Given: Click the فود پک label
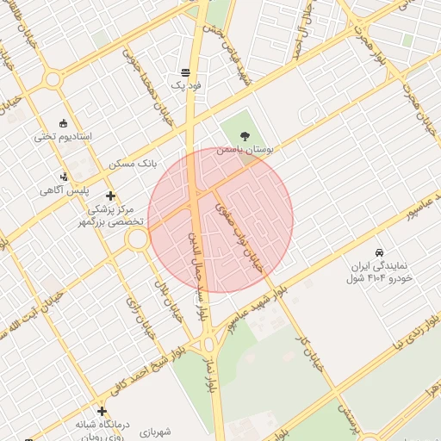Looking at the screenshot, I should point(186,86).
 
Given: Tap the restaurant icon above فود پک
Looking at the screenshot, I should point(186,72).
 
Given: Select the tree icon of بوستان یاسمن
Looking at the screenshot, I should point(245,136).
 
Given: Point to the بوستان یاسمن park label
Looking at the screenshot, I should point(245,150).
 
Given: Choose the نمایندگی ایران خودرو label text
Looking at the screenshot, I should point(381,272).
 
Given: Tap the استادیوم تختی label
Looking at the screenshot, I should point(63,137).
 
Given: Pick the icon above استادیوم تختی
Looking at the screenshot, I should point(63,123).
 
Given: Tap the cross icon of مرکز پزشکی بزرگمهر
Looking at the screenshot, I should point(110,196).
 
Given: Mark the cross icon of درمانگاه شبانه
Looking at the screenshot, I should point(102,411).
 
